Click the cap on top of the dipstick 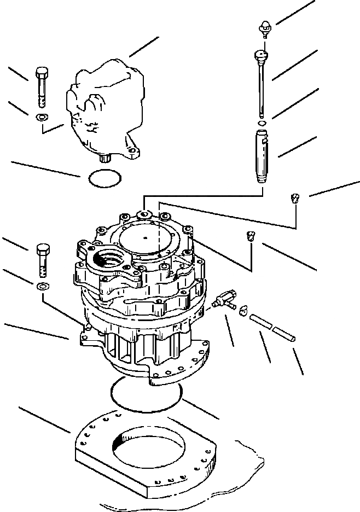click(x=265, y=26)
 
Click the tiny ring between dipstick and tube click(x=262, y=124)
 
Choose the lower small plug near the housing click(x=251, y=236)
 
